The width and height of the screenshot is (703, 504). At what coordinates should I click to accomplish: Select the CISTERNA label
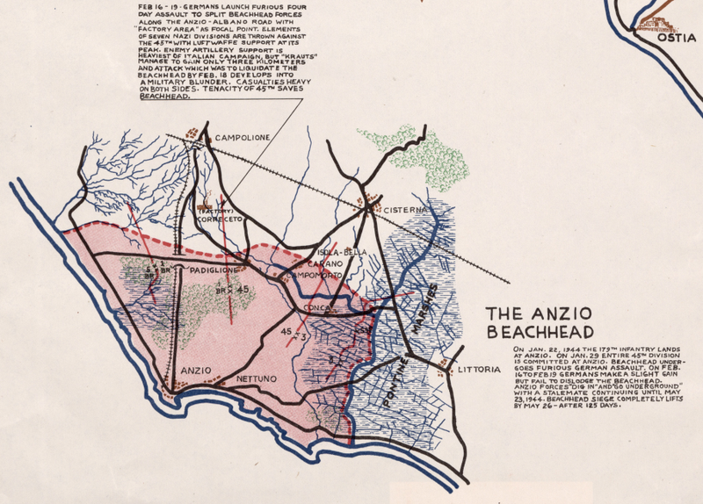point(405,211)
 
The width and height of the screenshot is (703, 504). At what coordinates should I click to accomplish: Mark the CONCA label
point(315,308)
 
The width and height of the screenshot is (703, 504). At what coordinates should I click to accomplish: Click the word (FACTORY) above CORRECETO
point(215,212)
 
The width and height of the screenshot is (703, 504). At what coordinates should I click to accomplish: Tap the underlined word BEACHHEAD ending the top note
point(165,99)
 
